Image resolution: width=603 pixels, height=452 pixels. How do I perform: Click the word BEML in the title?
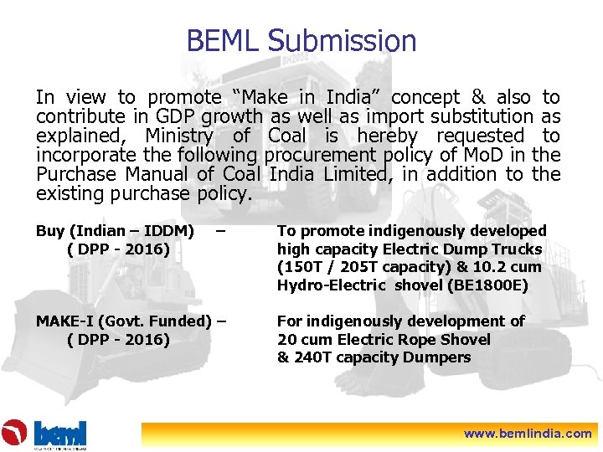[x=223, y=40]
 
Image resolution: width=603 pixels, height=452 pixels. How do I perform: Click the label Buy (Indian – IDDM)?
[x=115, y=231]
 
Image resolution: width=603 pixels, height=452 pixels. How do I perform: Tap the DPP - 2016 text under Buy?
[x=117, y=249]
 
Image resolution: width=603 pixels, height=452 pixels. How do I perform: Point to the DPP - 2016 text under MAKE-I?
[x=117, y=340]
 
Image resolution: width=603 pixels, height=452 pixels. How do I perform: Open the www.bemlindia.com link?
[x=528, y=434]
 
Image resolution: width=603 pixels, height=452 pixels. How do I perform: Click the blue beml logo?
[x=59, y=433]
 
